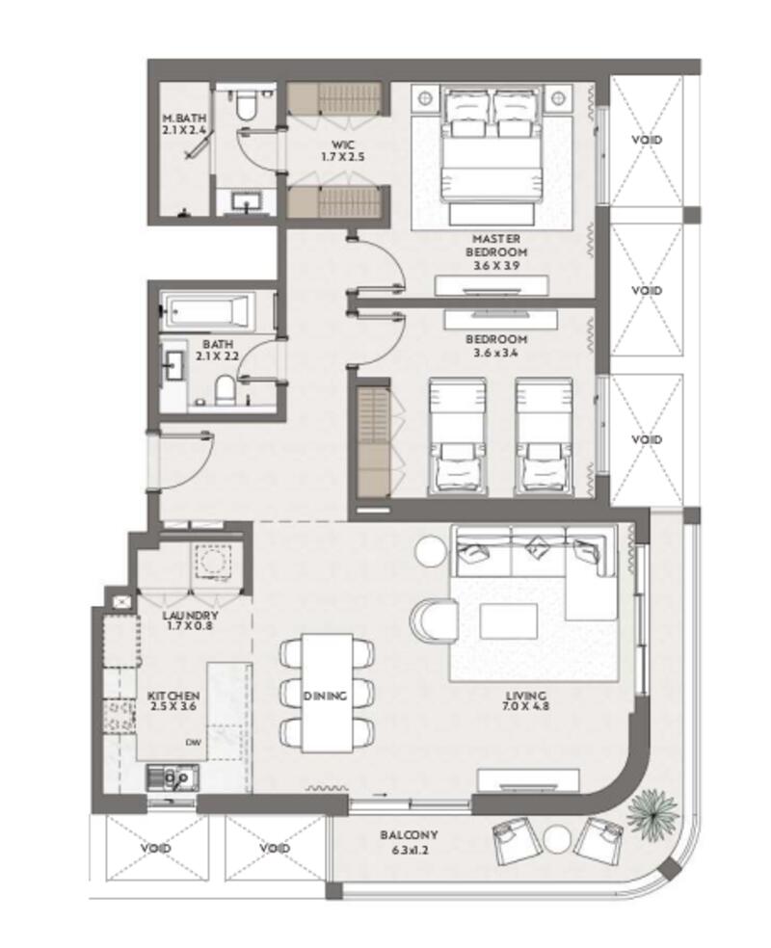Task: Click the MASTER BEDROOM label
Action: (x=496, y=246)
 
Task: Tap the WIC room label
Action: (x=342, y=145)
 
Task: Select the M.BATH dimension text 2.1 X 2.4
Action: (x=184, y=129)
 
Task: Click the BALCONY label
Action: (x=409, y=835)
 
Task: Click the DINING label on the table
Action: (x=326, y=696)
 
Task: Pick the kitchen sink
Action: (x=172, y=777)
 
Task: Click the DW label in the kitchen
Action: (x=193, y=742)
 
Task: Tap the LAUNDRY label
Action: (x=190, y=616)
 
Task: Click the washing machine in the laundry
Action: (x=212, y=561)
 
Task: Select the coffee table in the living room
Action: (x=509, y=620)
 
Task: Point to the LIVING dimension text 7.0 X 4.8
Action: (x=525, y=705)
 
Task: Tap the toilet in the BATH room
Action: (x=225, y=390)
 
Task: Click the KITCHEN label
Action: (x=173, y=696)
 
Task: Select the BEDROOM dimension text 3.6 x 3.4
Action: (x=496, y=353)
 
